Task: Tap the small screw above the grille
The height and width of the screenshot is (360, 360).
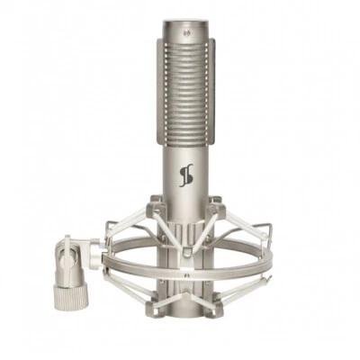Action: click(186, 33)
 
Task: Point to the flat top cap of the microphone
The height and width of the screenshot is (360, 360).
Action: click(186, 22)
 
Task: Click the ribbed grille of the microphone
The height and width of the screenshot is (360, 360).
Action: click(186, 90)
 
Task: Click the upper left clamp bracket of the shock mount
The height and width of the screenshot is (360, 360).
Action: click(156, 210)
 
